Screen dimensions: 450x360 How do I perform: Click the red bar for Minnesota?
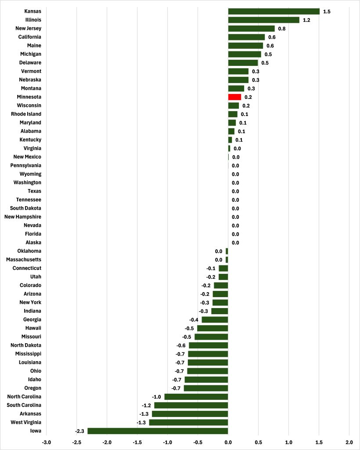[234, 97]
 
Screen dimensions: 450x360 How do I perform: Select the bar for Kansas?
[274, 11]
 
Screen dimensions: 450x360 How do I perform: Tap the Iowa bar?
[158, 431]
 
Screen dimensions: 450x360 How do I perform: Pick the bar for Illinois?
[263, 20]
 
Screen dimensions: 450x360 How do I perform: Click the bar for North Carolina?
[196, 396]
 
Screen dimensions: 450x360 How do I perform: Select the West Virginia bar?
[188, 422]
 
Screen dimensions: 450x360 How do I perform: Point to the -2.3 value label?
[79, 431]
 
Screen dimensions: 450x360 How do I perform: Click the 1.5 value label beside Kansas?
[327, 11]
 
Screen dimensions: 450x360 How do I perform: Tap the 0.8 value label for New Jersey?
[281, 29]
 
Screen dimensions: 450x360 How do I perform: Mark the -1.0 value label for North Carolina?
[156, 397]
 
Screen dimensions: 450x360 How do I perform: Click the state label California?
[30, 37]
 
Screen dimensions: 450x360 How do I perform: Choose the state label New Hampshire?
[23, 217]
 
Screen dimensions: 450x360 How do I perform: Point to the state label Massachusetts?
[24, 260]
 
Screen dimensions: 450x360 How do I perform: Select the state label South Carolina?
[25, 405]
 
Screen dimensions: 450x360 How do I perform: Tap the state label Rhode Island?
[26, 114]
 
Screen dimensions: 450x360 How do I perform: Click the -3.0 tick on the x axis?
[46, 442]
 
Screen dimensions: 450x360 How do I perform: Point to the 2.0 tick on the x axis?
[349, 442]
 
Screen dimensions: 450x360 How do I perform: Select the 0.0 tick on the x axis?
[228, 442]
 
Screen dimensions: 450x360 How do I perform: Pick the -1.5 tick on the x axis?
[137, 442]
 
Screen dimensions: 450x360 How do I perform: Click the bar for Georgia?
[215, 319]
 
